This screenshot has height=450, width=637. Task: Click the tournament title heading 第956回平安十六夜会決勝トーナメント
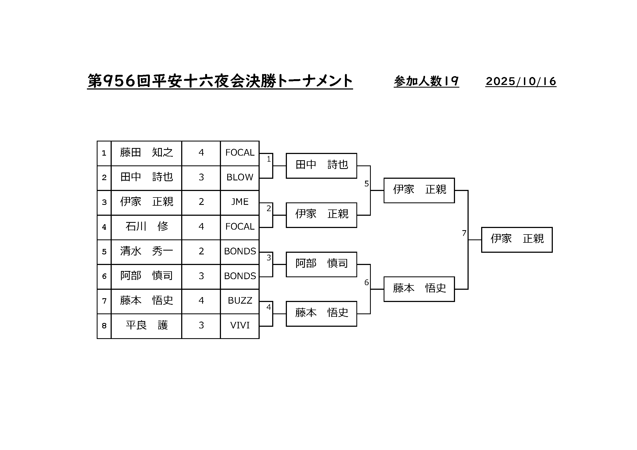tap(220, 81)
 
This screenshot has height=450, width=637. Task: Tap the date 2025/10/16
tap(521, 81)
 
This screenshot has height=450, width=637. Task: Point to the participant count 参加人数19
tap(426, 81)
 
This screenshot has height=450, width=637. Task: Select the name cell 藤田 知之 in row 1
tap(146, 153)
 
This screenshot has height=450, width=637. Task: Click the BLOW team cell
tap(240, 177)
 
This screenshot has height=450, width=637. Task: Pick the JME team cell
tap(240, 202)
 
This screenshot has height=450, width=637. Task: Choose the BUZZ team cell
tap(240, 301)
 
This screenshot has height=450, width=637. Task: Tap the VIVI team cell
tap(240, 325)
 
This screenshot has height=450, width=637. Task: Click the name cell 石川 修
tap(146, 227)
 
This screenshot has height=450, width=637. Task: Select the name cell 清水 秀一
tap(146, 251)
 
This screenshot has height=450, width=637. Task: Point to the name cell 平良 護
tap(146, 325)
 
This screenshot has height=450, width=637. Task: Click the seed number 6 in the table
tap(104, 276)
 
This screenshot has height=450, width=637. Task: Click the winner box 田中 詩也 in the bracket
tap(321, 165)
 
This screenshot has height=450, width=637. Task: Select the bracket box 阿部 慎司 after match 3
tap(321, 264)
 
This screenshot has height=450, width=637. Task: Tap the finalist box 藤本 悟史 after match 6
tap(419, 289)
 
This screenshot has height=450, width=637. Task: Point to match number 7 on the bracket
tap(464, 233)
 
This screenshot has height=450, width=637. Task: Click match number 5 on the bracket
tap(366, 184)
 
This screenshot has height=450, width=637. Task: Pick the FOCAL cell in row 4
tap(240, 227)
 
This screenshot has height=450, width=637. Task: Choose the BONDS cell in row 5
tap(240, 251)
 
